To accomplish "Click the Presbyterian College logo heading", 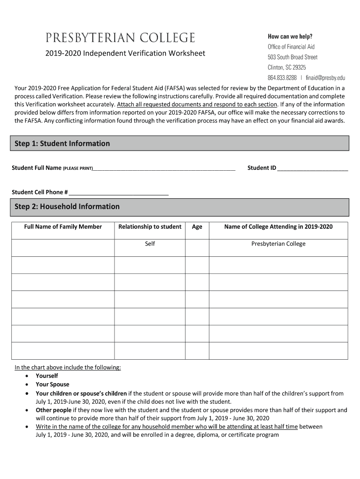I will tap(120, 38).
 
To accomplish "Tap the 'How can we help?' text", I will tap(290, 36).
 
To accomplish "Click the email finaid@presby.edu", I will tap(325, 78).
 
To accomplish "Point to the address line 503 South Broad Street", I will tap(292, 57).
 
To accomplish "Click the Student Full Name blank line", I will tap(164, 168).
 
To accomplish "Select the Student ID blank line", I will tap(313, 168).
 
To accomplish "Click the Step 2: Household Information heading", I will tap(67, 207).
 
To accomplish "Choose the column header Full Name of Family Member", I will tap(63, 227).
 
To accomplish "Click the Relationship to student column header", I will tap(150, 227).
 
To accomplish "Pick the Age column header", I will tap(197, 227).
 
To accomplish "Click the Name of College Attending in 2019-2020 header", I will tap(278, 227).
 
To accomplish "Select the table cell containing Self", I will tap(150, 244).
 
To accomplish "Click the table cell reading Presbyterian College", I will tap(278, 244).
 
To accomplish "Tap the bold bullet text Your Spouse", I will tap(52, 385).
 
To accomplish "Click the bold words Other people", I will tap(54, 410).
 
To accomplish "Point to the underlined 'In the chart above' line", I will tap(68, 367).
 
